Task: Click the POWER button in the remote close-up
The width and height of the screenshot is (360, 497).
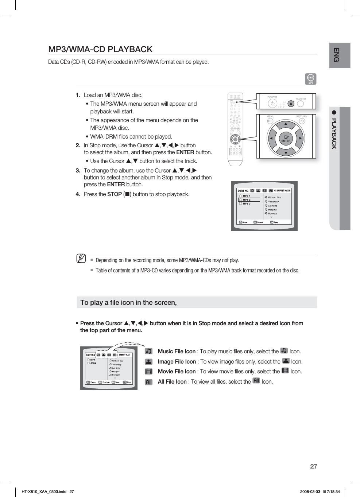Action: tap(272, 103)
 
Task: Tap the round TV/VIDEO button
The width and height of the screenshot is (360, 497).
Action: tap(300, 104)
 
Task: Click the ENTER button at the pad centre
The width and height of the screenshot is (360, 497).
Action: tap(286, 139)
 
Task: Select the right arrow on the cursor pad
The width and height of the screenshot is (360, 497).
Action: tap(300, 139)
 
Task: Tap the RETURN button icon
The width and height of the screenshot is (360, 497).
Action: tap(302, 121)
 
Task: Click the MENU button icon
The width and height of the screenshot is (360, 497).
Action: tap(270, 121)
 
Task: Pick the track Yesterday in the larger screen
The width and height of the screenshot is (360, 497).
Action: tap(273, 202)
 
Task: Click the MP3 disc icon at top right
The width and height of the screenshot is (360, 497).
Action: tap(311, 79)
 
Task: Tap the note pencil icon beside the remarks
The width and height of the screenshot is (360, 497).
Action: tap(81, 259)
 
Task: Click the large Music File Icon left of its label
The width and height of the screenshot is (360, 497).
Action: tap(148, 351)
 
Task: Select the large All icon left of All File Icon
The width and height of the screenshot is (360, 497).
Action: tap(148, 382)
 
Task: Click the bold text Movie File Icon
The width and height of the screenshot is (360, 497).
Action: tap(177, 372)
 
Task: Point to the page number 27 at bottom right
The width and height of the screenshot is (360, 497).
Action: tap(313, 466)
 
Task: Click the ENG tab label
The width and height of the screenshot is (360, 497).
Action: tap(337, 55)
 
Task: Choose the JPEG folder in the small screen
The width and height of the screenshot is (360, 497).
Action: tap(93, 363)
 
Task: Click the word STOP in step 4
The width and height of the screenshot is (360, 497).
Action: tap(114, 194)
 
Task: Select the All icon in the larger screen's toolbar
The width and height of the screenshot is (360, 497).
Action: tap(271, 191)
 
